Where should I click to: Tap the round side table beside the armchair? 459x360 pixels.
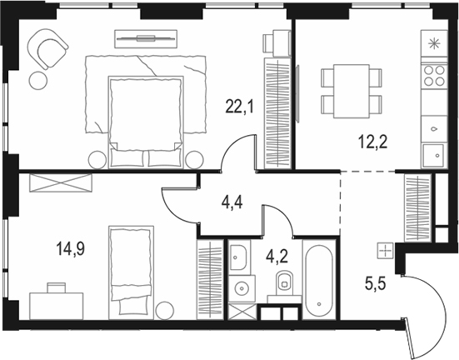pyautogui.click(x=37, y=79)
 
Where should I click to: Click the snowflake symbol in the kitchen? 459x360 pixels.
pyautogui.click(x=433, y=42)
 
